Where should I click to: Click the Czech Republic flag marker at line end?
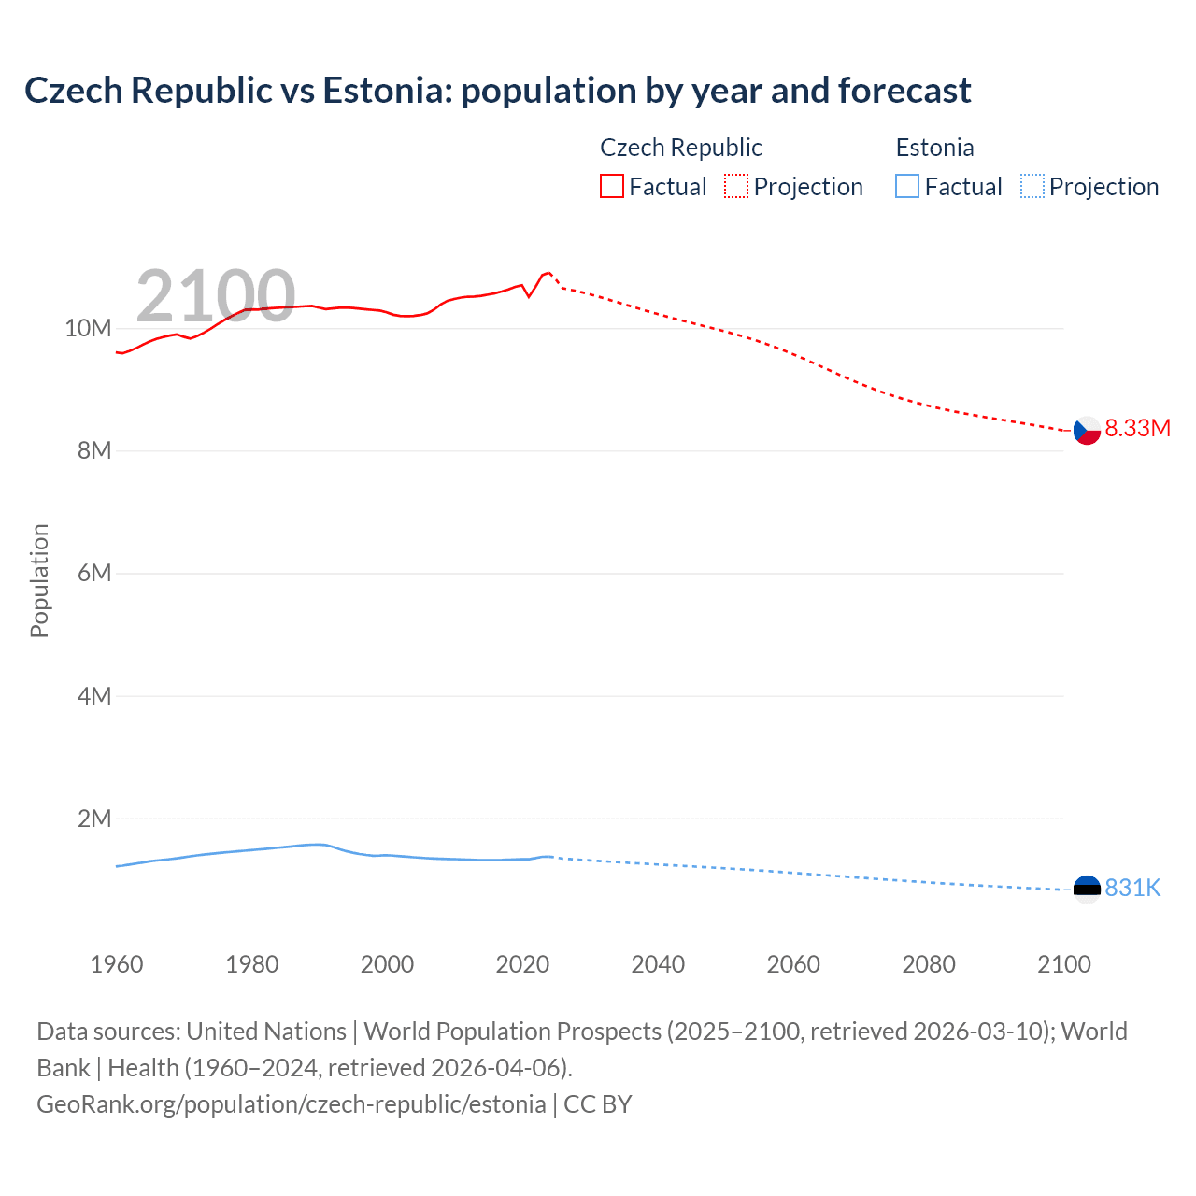[1087, 431]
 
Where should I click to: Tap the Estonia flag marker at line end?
[1087, 889]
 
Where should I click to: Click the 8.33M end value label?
[1137, 429]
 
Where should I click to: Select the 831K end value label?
[1132, 889]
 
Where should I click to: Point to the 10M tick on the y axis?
[88, 329]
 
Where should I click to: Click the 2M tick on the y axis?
[94, 819]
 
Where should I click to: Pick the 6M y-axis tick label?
[94, 574]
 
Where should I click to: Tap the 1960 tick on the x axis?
[117, 964]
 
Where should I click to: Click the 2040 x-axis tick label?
[658, 964]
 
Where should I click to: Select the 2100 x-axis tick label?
[1063, 964]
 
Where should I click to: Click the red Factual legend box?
[612, 187]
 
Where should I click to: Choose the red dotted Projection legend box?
[736, 187]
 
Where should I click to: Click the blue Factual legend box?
[907, 187]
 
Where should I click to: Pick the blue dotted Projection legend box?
[1032, 187]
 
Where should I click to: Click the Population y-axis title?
[39, 580]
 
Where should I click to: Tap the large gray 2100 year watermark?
[216, 296]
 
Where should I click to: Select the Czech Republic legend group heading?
[680, 148]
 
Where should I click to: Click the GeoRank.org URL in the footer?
[291, 1104]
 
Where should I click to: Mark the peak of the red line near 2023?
[548, 272]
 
